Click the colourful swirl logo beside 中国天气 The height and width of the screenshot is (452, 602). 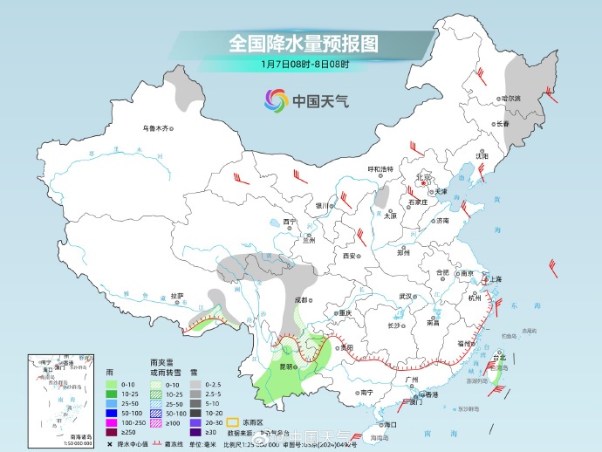click(x=275, y=100)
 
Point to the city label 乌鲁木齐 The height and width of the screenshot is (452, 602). click(x=154, y=128)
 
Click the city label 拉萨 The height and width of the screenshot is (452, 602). click(x=177, y=295)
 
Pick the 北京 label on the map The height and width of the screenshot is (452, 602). click(x=423, y=176)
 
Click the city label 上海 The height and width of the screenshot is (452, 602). click(x=495, y=278)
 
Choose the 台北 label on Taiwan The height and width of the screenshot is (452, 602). click(x=499, y=358)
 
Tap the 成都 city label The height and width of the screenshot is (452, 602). click(x=302, y=299)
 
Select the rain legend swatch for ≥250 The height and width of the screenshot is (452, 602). click(x=111, y=431)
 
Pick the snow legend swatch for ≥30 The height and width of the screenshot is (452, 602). click(x=200, y=431)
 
